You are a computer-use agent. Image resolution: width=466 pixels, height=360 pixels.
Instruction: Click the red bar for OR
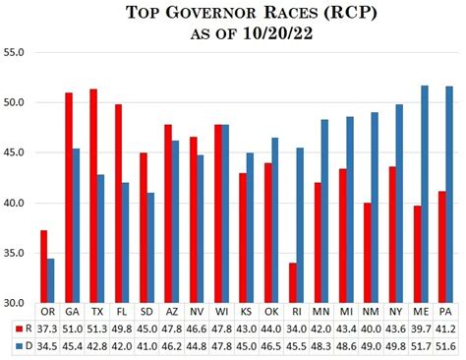(x=43, y=267)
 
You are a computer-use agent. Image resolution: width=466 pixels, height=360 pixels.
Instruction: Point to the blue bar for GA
(x=76, y=226)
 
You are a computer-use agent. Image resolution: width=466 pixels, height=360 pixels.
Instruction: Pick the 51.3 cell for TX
(x=96, y=329)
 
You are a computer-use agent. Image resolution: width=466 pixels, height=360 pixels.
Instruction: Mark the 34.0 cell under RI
(x=295, y=329)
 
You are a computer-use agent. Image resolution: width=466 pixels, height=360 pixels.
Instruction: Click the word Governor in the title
(x=221, y=13)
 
